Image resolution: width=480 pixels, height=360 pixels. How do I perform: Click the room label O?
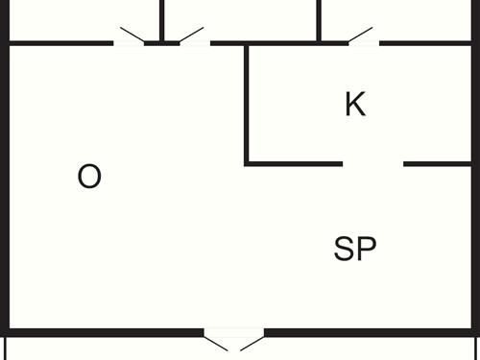point(89,177)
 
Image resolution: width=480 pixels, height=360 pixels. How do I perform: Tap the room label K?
point(355,105)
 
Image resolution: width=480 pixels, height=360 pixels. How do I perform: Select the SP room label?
point(354,250)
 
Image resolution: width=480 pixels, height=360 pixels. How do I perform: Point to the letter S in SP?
point(345,250)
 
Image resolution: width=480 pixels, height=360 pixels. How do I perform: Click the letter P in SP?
point(366,250)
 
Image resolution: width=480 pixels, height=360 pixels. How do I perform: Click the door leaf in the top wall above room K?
point(360,35)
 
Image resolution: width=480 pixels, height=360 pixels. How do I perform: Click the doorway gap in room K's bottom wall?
point(372,164)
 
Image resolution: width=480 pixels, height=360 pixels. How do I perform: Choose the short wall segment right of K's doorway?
point(437,164)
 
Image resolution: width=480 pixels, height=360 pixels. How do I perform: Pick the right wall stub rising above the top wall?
point(319,19)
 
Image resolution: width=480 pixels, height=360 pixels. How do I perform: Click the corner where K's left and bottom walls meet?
point(248,164)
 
